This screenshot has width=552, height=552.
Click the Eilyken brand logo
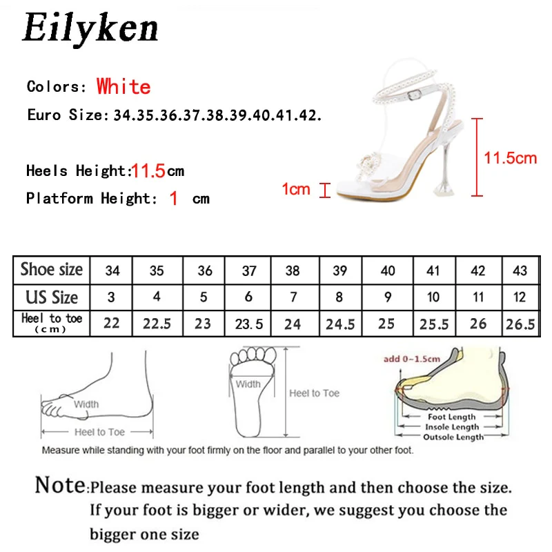(x=90, y=28)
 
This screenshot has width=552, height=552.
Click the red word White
(x=124, y=87)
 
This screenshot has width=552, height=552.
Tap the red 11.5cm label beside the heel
(x=510, y=158)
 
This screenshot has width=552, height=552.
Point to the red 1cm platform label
(x=296, y=189)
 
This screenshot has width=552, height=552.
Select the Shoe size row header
(x=51, y=270)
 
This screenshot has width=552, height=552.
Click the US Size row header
(x=51, y=297)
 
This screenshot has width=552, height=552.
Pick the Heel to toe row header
(x=51, y=322)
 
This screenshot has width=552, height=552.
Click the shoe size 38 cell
(x=293, y=270)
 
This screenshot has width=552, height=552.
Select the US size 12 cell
(x=520, y=297)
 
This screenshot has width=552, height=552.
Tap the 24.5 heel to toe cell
(x=339, y=324)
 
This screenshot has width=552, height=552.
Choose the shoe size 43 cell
(x=520, y=270)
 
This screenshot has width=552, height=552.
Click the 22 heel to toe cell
(x=112, y=324)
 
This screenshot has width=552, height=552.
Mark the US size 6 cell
(x=248, y=297)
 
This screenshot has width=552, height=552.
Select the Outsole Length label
(x=453, y=437)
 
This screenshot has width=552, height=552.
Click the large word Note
(x=61, y=486)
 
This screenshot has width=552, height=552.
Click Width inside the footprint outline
(x=248, y=384)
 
